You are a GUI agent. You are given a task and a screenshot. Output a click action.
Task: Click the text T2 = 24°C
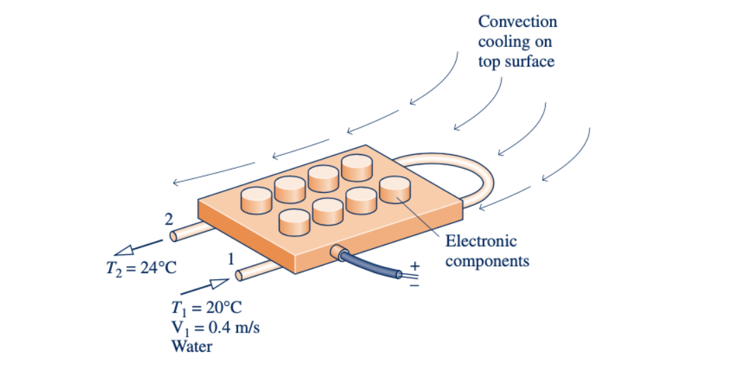pyautogui.click(x=136, y=268)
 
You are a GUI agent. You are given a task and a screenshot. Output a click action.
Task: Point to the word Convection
pyautogui.click(x=517, y=21)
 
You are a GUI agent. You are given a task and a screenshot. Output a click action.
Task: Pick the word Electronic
pyautogui.click(x=481, y=241)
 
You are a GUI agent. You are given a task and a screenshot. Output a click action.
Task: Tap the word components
pyautogui.click(x=487, y=261)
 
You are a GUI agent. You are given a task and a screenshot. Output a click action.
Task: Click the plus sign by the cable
pyautogui.click(x=415, y=265)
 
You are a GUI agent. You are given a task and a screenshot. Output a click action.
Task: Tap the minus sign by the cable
pyautogui.click(x=415, y=284)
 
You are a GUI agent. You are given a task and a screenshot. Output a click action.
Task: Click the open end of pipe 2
pyautogui.click(x=174, y=236)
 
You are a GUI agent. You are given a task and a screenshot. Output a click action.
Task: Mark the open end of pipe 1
pyautogui.click(x=239, y=276)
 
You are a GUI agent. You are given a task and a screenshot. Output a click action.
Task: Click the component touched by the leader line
pyautogui.click(x=395, y=189)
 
